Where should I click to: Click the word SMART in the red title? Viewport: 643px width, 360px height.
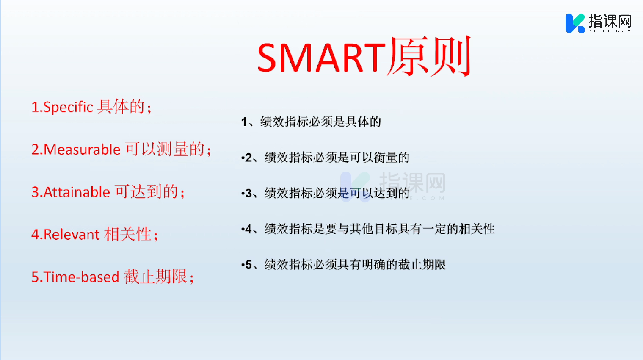click(x=322, y=57)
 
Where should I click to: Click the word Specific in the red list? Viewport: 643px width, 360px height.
click(x=68, y=107)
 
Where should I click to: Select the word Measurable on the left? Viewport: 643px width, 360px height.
click(x=82, y=150)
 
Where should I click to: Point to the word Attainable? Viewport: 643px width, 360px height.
click(x=77, y=192)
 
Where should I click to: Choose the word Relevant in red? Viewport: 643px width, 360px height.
click(x=72, y=235)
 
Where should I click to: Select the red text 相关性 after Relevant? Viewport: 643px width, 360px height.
click(x=127, y=234)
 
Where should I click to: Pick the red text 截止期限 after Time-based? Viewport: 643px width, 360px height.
click(x=155, y=277)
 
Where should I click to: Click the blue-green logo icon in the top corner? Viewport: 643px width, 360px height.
click(x=575, y=23)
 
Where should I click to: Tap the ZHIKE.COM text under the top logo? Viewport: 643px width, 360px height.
click(x=610, y=31)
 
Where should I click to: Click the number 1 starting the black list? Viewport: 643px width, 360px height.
click(x=244, y=122)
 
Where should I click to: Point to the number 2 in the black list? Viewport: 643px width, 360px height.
click(x=248, y=158)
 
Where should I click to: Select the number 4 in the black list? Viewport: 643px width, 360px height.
click(x=248, y=229)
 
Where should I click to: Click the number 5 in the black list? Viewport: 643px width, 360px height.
click(x=248, y=265)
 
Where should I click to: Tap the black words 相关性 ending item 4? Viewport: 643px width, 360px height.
click(x=477, y=229)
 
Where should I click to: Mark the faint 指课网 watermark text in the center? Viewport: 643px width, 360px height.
click(x=412, y=183)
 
